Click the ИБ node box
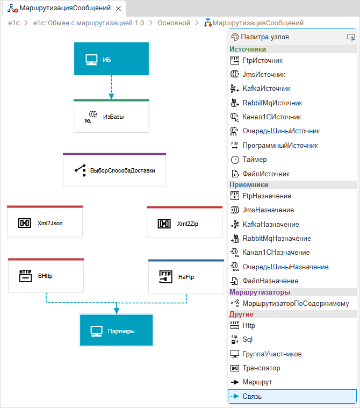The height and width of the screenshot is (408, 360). click(x=111, y=59)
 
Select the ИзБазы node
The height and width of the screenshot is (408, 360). click(x=111, y=116)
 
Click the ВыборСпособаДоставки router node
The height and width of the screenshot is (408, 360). click(x=114, y=170)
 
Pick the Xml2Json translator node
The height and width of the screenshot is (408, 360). click(x=45, y=223)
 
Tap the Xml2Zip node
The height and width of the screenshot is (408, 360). click(x=184, y=223)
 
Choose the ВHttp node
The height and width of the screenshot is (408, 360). click(x=46, y=276)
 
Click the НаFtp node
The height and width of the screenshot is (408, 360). click(x=186, y=277)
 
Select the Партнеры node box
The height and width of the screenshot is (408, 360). click(x=116, y=331)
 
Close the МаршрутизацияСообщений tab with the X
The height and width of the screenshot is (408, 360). click(x=118, y=9)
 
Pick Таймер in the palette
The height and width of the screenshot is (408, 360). click(x=254, y=160)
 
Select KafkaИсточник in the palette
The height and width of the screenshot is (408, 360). click(x=266, y=89)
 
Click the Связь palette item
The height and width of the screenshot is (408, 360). click(x=252, y=397)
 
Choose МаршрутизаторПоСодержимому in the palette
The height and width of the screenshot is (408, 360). click(x=296, y=303)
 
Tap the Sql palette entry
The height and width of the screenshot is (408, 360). click(x=247, y=340)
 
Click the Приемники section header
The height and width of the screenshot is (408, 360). click(x=245, y=184)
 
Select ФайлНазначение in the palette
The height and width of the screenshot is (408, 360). click(x=270, y=281)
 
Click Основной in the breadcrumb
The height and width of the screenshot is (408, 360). click(x=174, y=23)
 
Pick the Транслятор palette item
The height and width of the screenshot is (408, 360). click(x=261, y=368)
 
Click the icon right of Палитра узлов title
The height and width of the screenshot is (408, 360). click(x=351, y=37)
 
